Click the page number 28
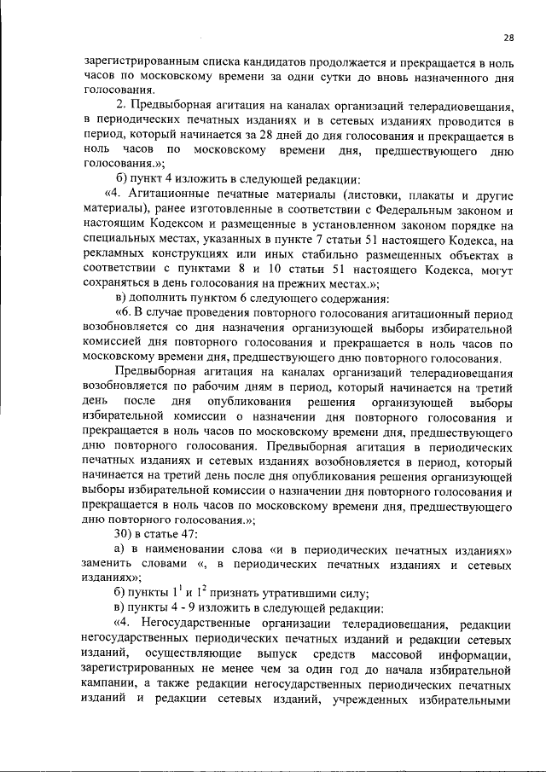(x=508, y=38)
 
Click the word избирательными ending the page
(x=466, y=699)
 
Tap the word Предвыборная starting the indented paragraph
(x=154, y=372)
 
